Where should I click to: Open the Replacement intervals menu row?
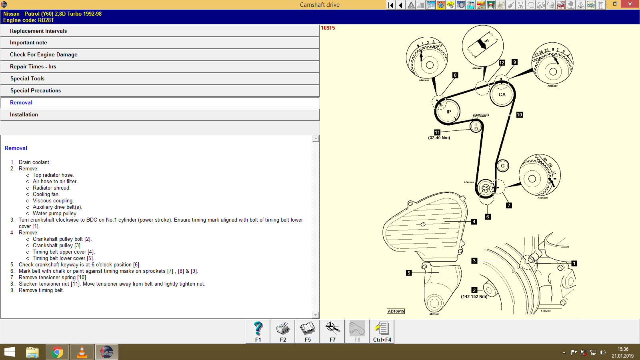38,31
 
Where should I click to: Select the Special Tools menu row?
27,79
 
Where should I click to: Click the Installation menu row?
24,115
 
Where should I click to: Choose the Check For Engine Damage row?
44,55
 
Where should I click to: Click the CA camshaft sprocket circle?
502,95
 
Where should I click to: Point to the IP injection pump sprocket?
448,112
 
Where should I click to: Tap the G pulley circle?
503,166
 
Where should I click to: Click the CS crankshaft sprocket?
486,188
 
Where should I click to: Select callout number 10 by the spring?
520,115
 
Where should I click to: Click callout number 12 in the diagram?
502,63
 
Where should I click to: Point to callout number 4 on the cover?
474,222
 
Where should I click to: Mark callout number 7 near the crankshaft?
509,206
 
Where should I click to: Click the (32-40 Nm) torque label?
439,138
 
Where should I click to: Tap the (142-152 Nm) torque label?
474,297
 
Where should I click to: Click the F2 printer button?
283,332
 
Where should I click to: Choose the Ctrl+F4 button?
382,332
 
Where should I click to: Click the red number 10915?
328,28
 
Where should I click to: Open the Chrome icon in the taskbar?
57,352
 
